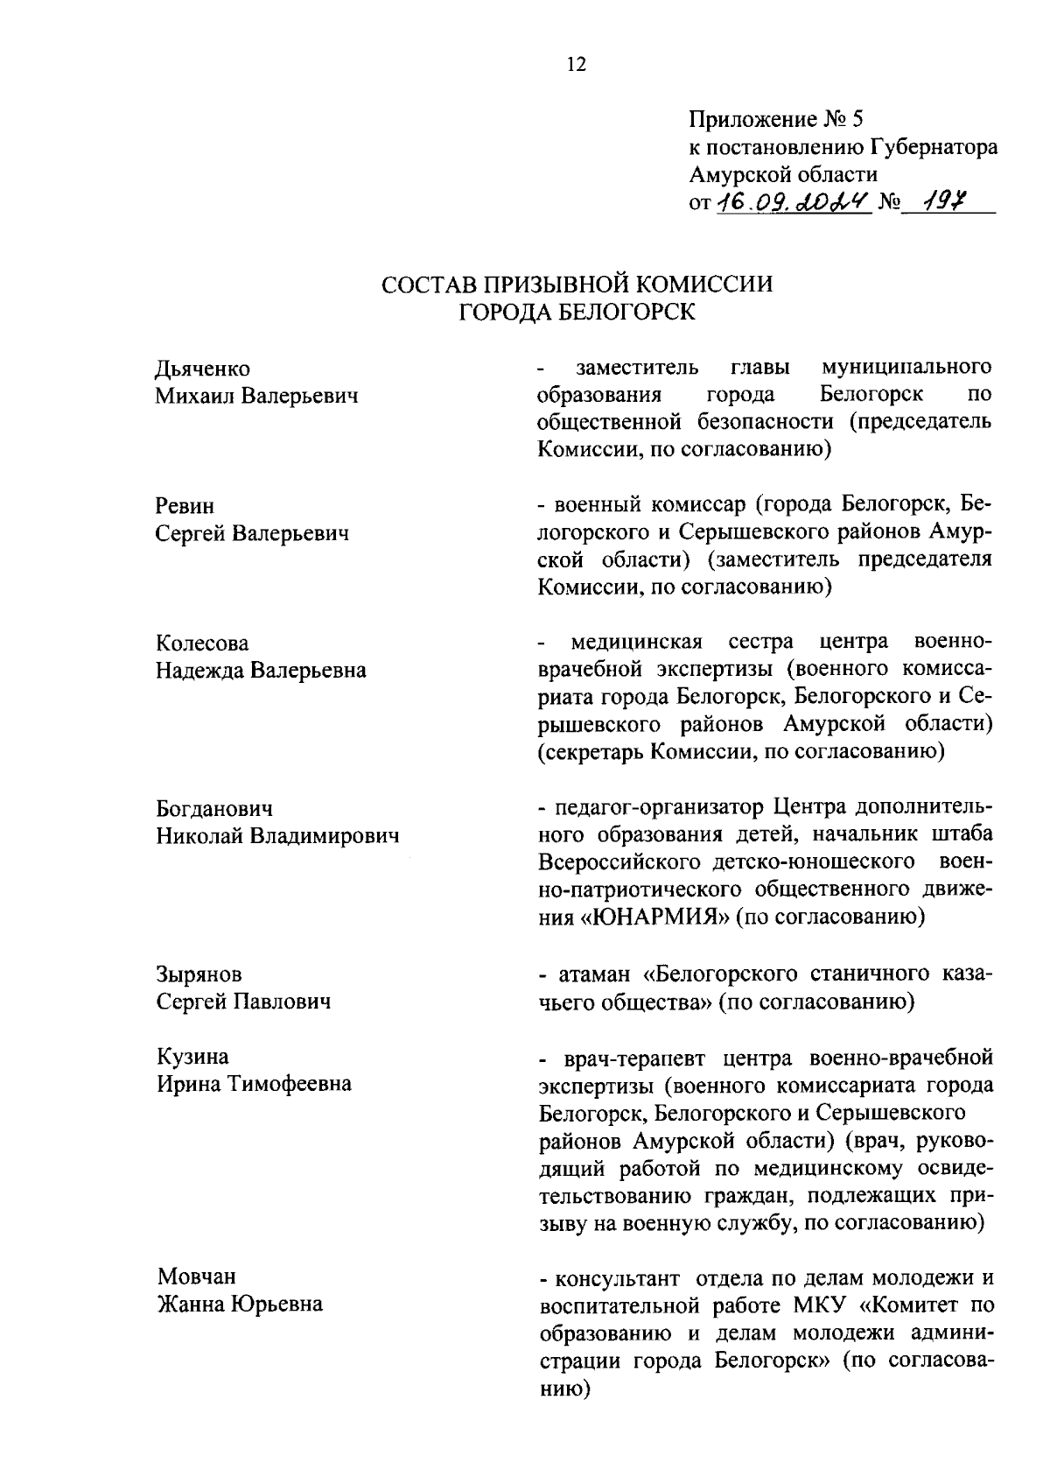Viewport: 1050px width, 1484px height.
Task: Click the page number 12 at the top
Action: tap(577, 65)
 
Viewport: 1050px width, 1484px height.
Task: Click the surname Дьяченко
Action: tap(202, 369)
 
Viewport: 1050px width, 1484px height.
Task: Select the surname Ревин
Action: tap(185, 506)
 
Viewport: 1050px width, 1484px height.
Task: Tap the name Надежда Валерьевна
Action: tap(261, 671)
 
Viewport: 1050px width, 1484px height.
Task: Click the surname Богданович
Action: tap(214, 808)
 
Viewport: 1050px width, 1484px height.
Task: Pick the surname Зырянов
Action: tap(199, 974)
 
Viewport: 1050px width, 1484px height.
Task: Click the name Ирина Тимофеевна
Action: tap(254, 1084)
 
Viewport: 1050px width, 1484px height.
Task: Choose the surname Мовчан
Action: tap(197, 1277)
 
